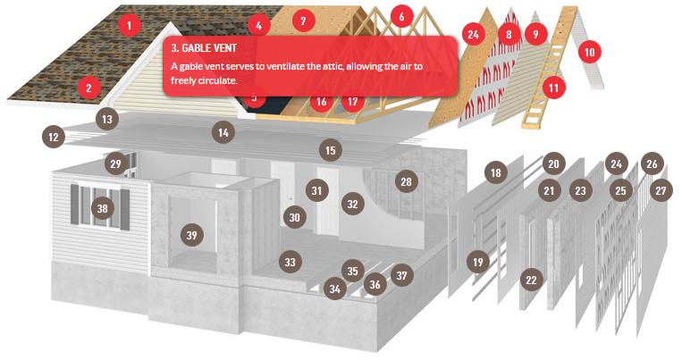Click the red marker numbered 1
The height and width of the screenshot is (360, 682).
coord(129,25)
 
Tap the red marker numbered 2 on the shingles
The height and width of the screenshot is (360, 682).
coord(88,88)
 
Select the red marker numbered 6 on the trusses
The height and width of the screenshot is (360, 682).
coord(401,16)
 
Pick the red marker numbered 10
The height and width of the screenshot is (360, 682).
coord(589,52)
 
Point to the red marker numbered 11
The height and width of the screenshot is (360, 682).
coord(553,88)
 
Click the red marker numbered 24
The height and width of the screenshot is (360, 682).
coord(473,34)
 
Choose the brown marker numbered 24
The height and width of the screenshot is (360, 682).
coord(616,163)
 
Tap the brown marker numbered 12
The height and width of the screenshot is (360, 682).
coord(54,138)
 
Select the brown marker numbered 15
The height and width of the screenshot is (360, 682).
coord(331,150)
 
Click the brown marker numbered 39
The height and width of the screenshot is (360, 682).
coord(192,235)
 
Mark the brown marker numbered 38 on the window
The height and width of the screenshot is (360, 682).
coord(102,208)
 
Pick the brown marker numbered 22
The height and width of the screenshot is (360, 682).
coord(531,280)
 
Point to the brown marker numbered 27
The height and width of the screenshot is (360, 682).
coord(661,190)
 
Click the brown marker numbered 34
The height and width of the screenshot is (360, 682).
coord(335,289)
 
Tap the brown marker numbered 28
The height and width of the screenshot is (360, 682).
coord(406,181)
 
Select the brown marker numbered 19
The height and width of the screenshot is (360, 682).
coord(477,262)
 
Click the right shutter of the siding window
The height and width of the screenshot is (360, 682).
coord(125,210)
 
